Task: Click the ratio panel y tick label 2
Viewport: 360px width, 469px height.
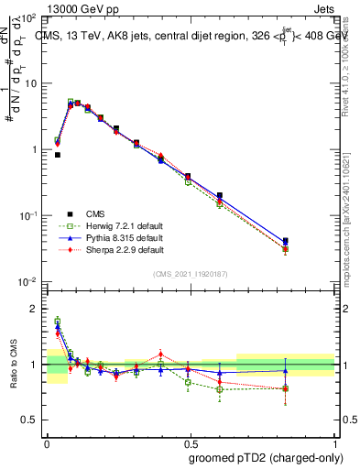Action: click(36, 310)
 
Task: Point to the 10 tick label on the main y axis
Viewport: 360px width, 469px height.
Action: click(30, 83)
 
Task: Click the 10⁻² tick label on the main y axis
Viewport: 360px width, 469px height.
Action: click(28, 281)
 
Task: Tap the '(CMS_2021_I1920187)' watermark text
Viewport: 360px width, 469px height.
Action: click(191, 272)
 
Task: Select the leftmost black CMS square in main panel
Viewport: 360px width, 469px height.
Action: click(58, 155)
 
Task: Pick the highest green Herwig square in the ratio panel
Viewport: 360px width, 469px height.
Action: click(58, 321)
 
